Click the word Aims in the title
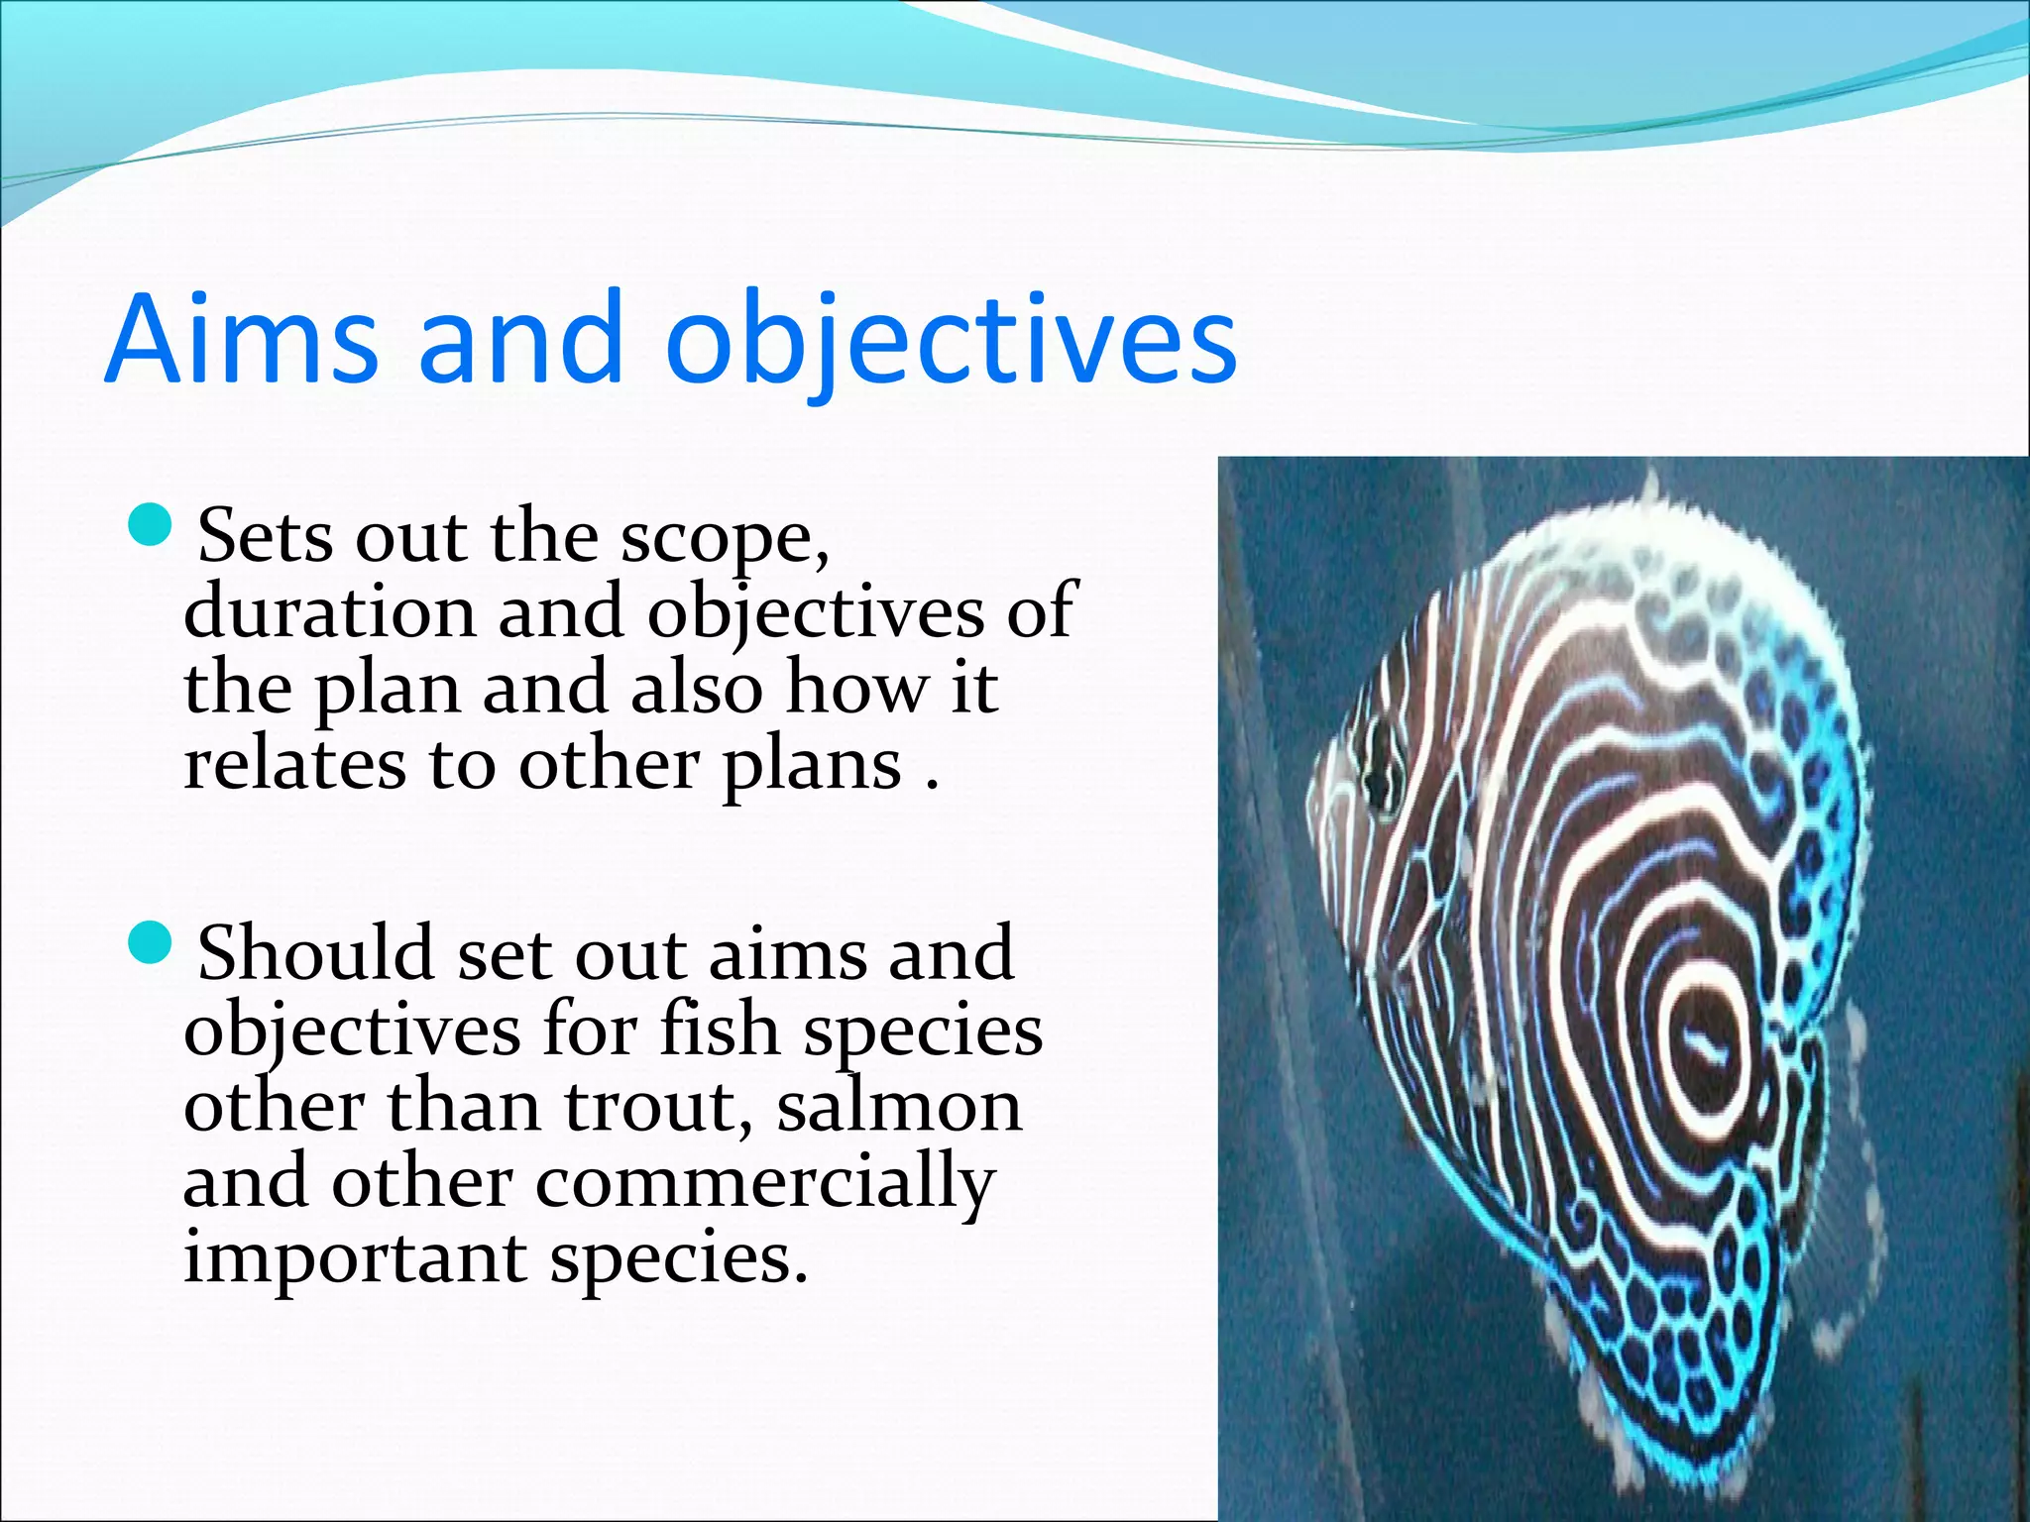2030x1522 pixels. [x=241, y=339]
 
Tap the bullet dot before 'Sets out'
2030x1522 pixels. [x=151, y=525]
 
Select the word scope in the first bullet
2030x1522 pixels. [x=722, y=540]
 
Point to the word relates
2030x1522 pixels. [x=293, y=765]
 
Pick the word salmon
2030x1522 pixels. [x=898, y=1107]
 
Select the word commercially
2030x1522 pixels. [x=765, y=1184]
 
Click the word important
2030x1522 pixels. [x=355, y=1260]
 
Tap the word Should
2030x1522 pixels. [x=315, y=954]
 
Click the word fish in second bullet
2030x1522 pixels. [x=720, y=1031]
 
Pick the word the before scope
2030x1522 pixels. [x=543, y=537]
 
